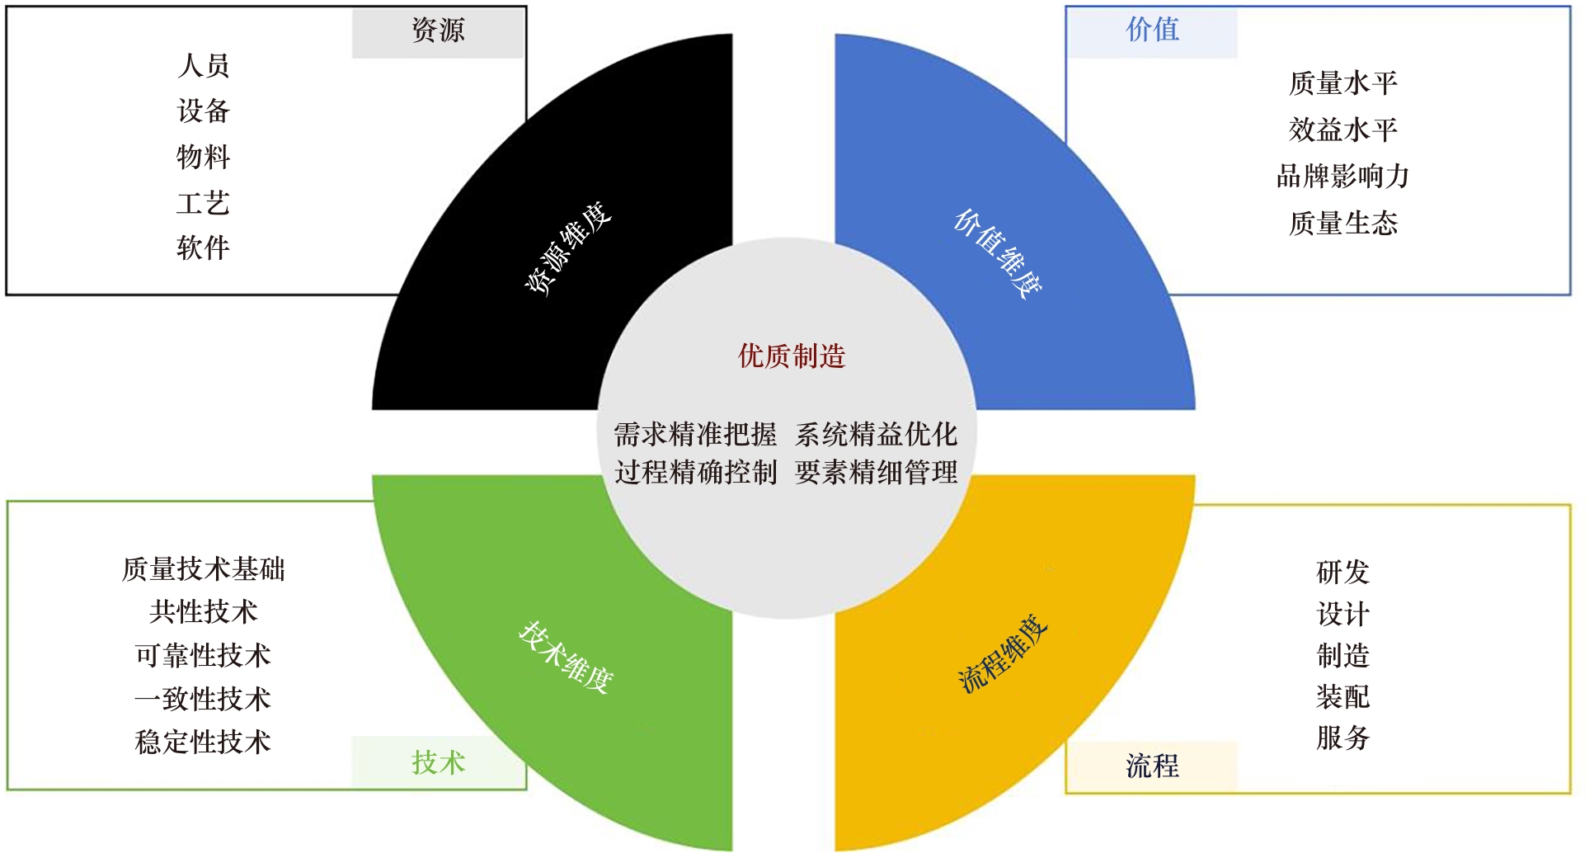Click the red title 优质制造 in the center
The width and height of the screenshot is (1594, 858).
[792, 356]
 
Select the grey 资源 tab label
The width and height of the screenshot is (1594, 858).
[438, 31]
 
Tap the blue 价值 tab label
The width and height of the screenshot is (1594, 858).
[1152, 31]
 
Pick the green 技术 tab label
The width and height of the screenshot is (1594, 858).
[438, 762]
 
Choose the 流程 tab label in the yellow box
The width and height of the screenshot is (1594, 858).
[1152, 766]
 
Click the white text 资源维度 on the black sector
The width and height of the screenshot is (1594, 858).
[569, 247]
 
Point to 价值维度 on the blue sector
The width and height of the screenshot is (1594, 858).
[998, 252]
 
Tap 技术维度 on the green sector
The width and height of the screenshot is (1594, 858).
[567, 657]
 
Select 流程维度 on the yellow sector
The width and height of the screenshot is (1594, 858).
[1003, 653]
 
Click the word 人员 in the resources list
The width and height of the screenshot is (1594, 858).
[203, 66]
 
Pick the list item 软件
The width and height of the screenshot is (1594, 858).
[203, 247]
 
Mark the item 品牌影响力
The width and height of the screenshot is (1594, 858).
[1342, 177]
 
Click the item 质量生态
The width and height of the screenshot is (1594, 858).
[1342, 224]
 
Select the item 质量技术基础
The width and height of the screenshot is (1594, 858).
[203, 569]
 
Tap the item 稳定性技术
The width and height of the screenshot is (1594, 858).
[203, 742]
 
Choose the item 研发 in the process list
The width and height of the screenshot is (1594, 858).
[1342, 572]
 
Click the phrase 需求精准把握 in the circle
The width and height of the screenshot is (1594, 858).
[695, 434]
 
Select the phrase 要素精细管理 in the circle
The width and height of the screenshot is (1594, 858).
[876, 473]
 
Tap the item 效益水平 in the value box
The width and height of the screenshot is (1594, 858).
[1342, 130]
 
